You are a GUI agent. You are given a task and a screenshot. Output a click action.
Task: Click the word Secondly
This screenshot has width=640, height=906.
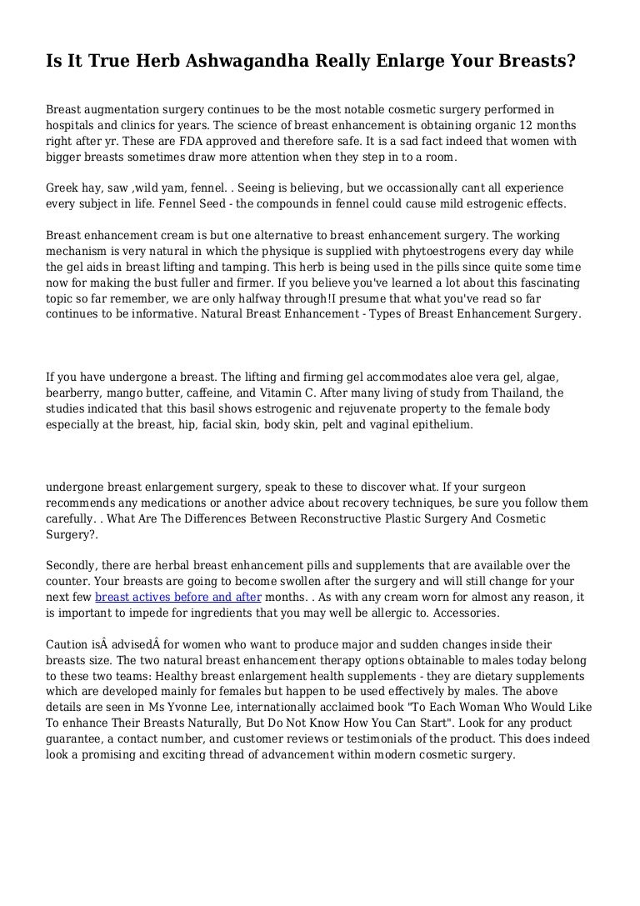72,565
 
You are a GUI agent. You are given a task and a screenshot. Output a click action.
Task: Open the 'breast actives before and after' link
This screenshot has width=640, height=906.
178,597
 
